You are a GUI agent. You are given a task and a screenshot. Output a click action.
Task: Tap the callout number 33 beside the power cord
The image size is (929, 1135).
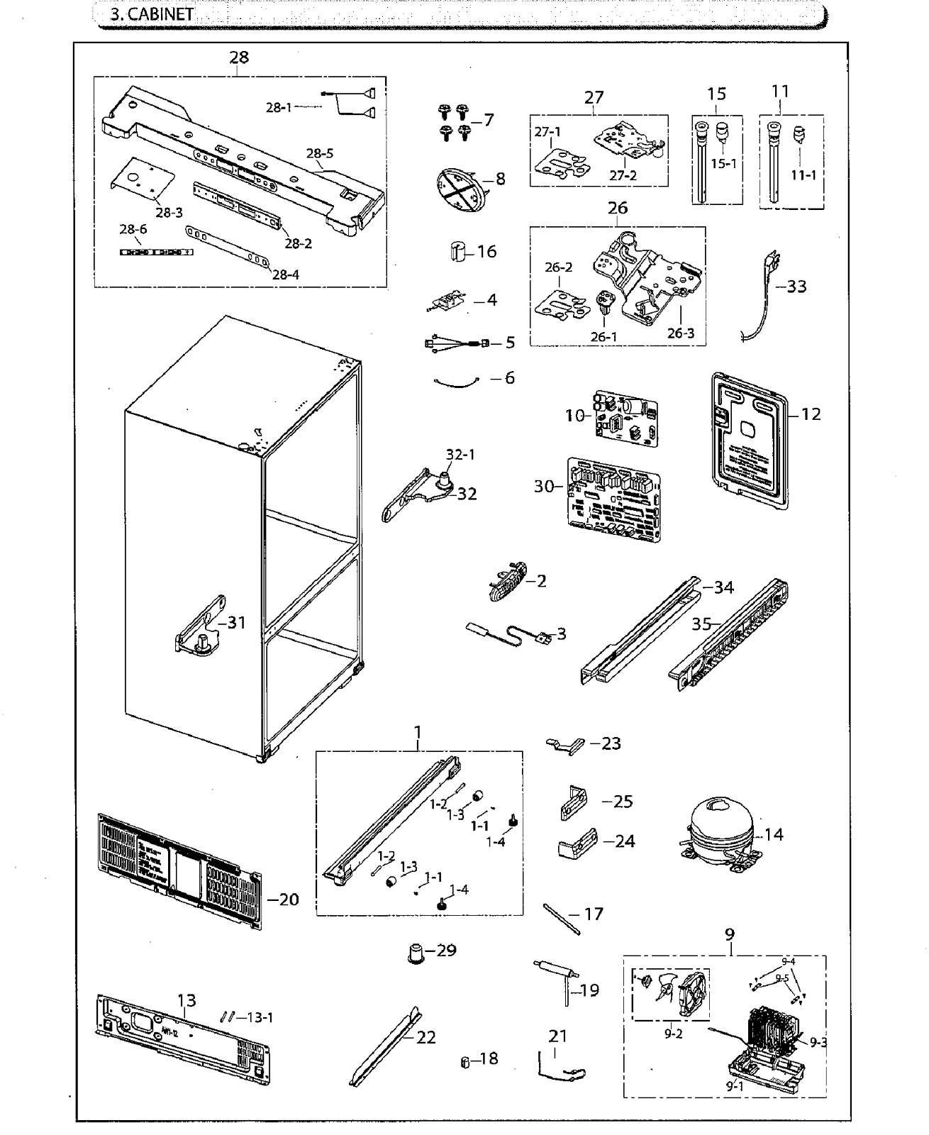(796, 287)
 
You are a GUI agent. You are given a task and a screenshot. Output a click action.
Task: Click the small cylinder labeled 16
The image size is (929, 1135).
(458, 251)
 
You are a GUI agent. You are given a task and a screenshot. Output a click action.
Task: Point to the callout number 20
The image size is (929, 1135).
(288, 899)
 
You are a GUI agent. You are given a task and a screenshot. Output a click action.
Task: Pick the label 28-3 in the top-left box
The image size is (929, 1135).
(169, 213)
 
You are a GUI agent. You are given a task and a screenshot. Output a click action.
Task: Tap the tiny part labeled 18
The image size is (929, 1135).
(465, 1061)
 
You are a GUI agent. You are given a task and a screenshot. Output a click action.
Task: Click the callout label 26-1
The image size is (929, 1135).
(603, 337)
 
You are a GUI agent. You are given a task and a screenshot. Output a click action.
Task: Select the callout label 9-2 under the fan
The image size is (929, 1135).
(673, 1034)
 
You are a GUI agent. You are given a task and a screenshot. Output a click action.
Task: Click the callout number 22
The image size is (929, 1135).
(425, 1037)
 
